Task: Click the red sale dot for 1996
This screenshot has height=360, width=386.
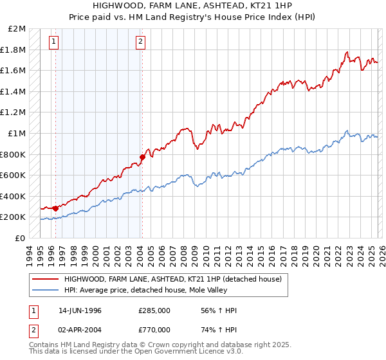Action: click(56, 208)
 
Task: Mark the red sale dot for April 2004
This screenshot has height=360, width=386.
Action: click(142, 157)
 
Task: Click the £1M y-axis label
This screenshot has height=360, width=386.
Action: click(18, 133)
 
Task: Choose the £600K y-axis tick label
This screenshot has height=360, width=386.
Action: click(14, 175)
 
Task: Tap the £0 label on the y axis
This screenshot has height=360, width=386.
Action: click(21, 238)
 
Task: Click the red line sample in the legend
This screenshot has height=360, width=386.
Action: click(46, 280)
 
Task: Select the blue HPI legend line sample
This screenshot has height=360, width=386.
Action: click(46, 291)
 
